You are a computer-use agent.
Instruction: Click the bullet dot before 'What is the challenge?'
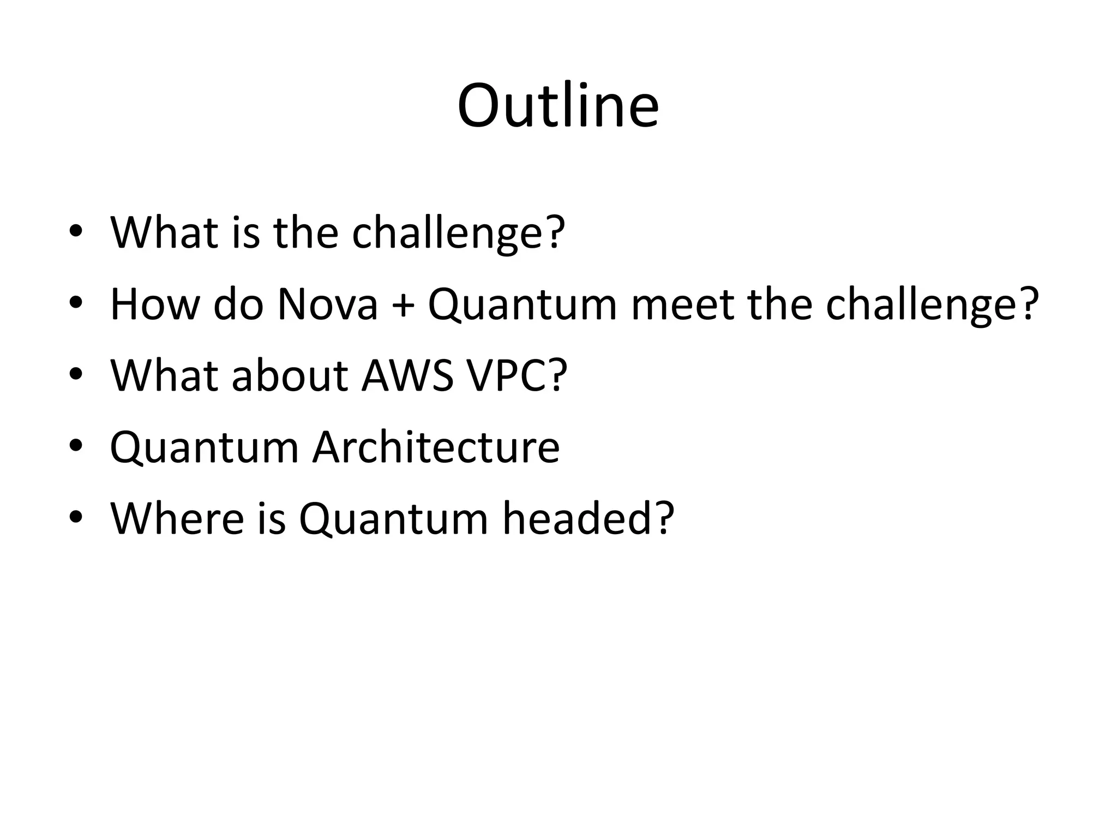[75, 231]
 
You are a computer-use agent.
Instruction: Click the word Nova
[327, 304]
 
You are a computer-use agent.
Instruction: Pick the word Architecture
[436, 447]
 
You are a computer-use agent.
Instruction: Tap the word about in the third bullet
[290, 375]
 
